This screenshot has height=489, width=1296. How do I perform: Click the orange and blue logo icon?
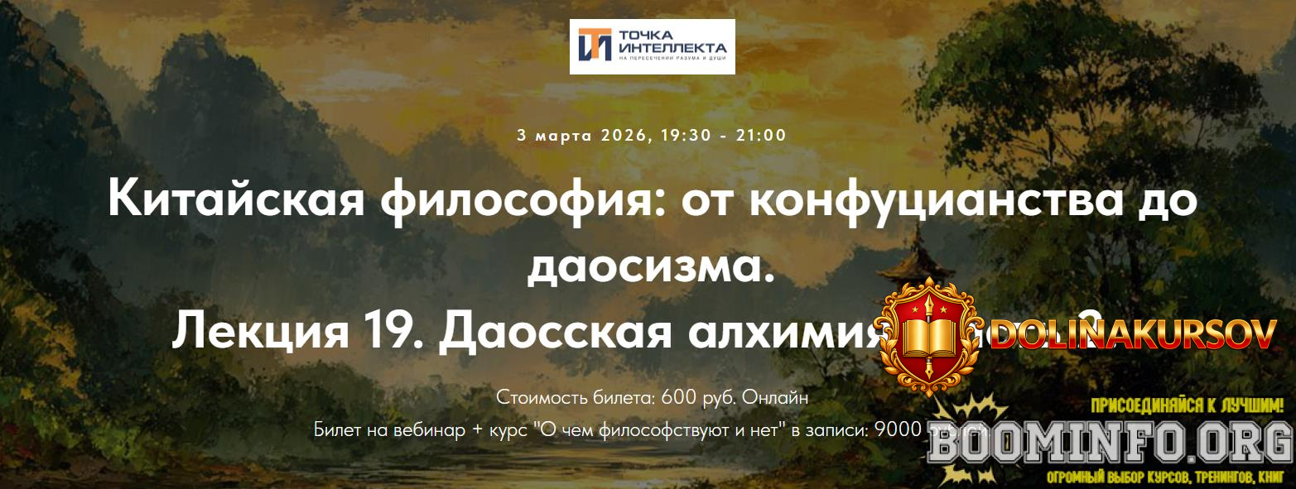tap(595, 45)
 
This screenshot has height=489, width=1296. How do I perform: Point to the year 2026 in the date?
tap(620, 135)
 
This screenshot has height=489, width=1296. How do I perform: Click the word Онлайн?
tap(774, 397)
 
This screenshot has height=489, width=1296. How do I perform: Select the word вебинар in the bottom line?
tap(412, 430)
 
